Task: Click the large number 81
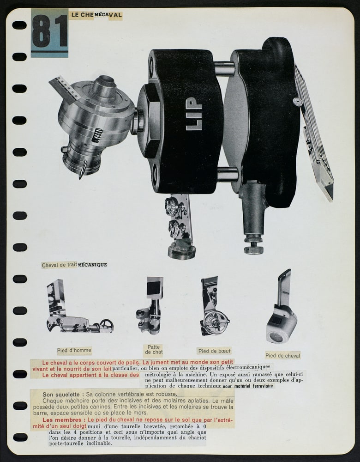click(50, 31)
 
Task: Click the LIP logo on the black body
click(194, 114)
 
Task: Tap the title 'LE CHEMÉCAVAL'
click(96, 15)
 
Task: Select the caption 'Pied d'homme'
click(74, 350)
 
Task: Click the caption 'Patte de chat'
click(154, 349)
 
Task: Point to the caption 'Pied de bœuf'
click(214, 351)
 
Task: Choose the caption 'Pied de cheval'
click(282, 356)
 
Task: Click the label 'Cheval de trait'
click(60, 265)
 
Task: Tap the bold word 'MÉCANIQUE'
click(92, 265)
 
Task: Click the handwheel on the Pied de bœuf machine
click(216, 322)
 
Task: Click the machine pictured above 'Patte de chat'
click(150, 305)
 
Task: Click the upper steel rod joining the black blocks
click(224, 69)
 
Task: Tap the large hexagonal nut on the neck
click(150, 120)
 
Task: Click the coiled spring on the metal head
click(97, 135)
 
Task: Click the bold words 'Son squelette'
click(61, 394)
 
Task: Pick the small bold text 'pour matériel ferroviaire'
click(248, 386)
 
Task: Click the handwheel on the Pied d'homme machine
click(107, 325)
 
